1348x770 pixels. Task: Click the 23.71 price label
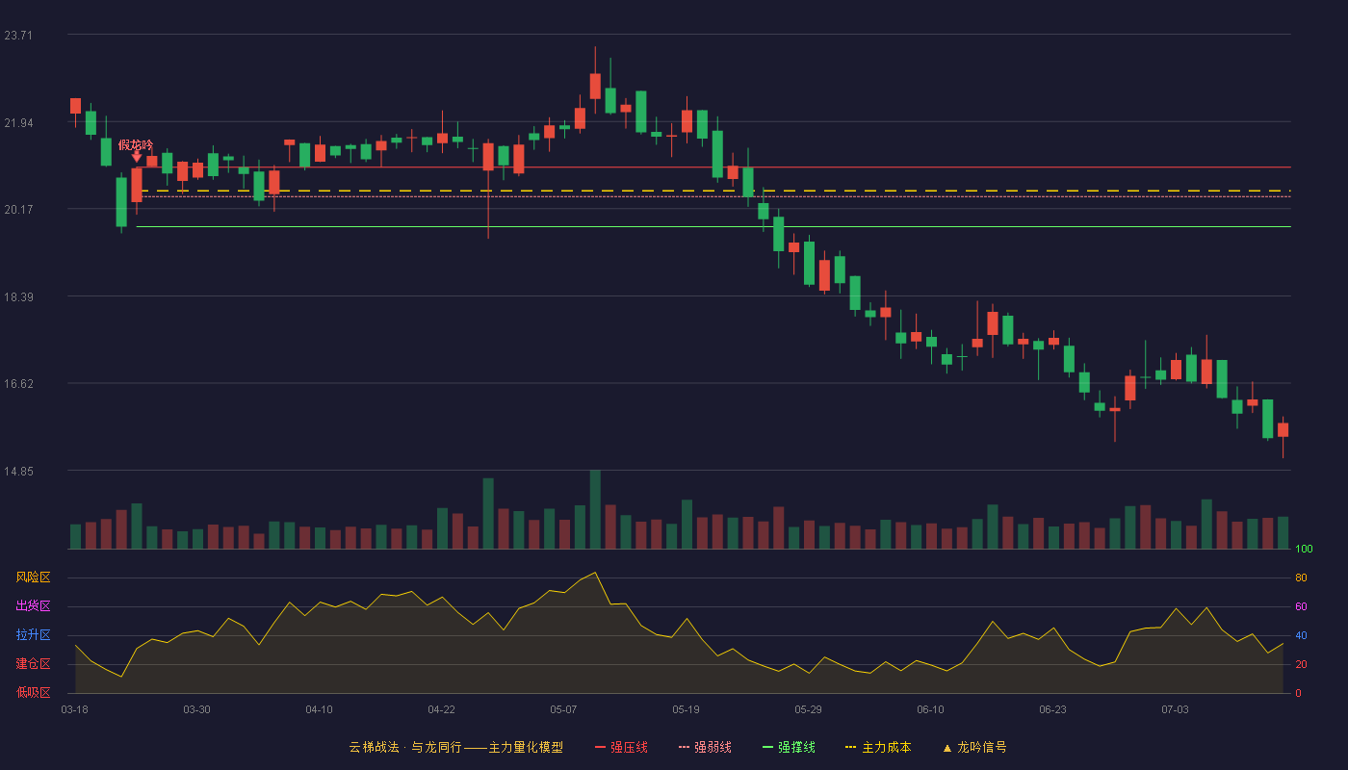coord(18,36)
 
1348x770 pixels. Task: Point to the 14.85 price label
coord(18,472)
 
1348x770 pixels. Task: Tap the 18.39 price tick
coord(18,297)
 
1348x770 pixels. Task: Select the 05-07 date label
coord(563,710)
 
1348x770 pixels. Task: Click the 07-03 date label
coord(1175,710)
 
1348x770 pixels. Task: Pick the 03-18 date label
coord(75,710)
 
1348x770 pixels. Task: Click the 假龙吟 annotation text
coord(136,145)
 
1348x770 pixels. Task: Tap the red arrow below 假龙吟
coord(137,157)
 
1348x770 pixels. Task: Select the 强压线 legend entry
coord(622,747)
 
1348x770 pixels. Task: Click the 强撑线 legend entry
coord(789,747)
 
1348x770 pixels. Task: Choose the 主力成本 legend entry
coord(878,747)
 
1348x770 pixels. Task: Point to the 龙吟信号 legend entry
coord(974,747)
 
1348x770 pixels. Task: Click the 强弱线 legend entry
coord(705,747)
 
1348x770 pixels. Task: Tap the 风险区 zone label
coord(33,577)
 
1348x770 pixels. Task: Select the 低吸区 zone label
coord(33,693)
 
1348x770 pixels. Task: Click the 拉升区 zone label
coord(33,635)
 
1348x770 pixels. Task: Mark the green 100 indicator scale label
coord(1304,549)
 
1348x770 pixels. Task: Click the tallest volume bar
coord(595,509)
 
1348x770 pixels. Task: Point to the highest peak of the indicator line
coord(595,572)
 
